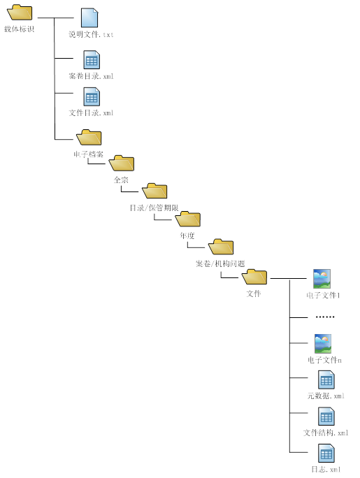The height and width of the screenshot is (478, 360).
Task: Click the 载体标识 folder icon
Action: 20,12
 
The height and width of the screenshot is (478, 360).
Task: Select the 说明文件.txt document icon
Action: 89,17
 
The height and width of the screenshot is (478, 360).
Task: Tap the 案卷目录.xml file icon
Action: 92,60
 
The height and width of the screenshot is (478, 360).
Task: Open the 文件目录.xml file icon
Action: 92,96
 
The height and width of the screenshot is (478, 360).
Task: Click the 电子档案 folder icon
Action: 89,138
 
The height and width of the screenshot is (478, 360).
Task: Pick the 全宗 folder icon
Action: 122,163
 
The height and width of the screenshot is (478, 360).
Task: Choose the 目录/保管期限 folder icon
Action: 154,191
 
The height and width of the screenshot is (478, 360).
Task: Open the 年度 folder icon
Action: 188,219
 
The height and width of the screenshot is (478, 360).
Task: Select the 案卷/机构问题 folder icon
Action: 221,246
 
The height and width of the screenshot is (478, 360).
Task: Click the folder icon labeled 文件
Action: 254,277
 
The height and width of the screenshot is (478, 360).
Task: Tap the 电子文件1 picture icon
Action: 322,279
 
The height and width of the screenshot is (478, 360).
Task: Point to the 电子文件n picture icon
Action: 323,344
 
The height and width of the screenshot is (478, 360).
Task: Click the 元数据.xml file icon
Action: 326,380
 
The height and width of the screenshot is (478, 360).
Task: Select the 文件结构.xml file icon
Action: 326,417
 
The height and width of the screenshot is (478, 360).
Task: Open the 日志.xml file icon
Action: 326,454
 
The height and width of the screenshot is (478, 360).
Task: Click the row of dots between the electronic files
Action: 325,317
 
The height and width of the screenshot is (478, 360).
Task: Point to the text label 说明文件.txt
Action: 91,34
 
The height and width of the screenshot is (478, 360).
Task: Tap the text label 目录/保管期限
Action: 154,208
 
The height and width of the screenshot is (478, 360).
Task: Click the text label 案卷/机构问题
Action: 220,263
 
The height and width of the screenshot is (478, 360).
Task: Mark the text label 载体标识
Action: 19,29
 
